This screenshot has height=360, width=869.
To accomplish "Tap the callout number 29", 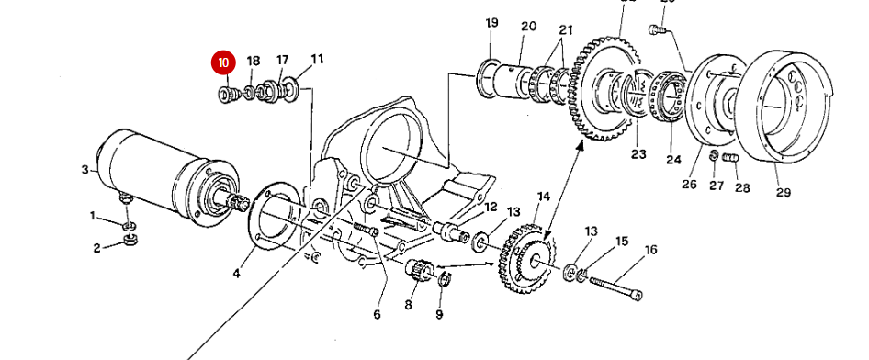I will pos(783,192).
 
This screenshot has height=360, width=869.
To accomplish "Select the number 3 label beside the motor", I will pos(85,169).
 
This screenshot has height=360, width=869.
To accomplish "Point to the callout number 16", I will pos(650,250).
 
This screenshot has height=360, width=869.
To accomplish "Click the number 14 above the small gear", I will pos(543,197).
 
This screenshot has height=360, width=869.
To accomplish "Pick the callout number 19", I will pos(491,22).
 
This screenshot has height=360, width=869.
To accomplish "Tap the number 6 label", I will pos(376,315).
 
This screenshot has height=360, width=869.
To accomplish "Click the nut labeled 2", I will pos(129,242).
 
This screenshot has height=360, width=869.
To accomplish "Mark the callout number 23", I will pos(638,154).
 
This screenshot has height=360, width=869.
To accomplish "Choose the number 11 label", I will pos(317,60).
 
